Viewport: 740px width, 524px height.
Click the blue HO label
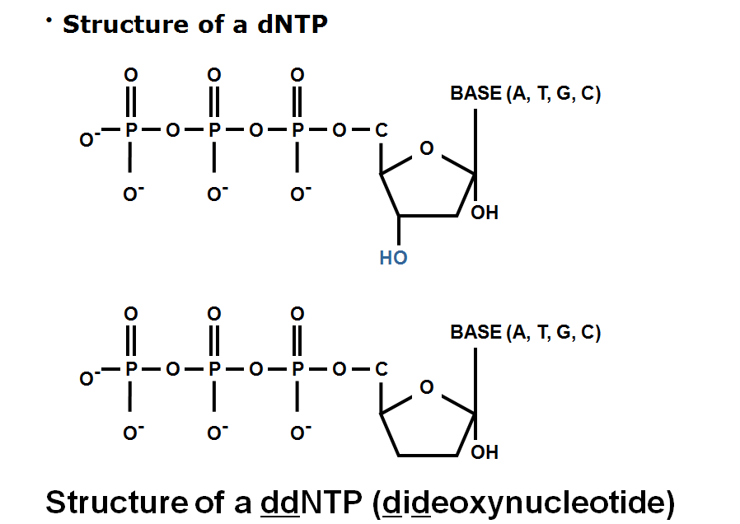pos(393,258)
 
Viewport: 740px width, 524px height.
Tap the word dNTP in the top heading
pos(293,25)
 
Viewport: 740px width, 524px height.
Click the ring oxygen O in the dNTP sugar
pos(426,149)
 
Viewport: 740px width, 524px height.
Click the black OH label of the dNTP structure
pos(485,213)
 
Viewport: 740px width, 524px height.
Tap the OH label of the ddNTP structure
pos(485,452)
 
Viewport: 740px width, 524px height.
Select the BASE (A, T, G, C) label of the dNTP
pos(525,94)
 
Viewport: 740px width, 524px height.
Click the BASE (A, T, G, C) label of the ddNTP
pos(525,333)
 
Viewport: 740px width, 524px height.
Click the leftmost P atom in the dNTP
pos(129,130)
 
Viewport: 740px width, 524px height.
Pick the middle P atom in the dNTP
pos(214,130)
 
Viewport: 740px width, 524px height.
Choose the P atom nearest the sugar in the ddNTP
pos(298,369)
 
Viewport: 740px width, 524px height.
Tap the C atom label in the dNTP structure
pos(381,130)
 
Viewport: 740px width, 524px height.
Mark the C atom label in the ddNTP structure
pos(381,369)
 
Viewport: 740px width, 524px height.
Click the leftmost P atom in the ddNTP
pos(129,369)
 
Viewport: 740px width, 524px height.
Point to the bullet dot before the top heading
pos(49,20)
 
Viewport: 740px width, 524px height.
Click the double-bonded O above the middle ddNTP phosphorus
pos(214,314)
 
